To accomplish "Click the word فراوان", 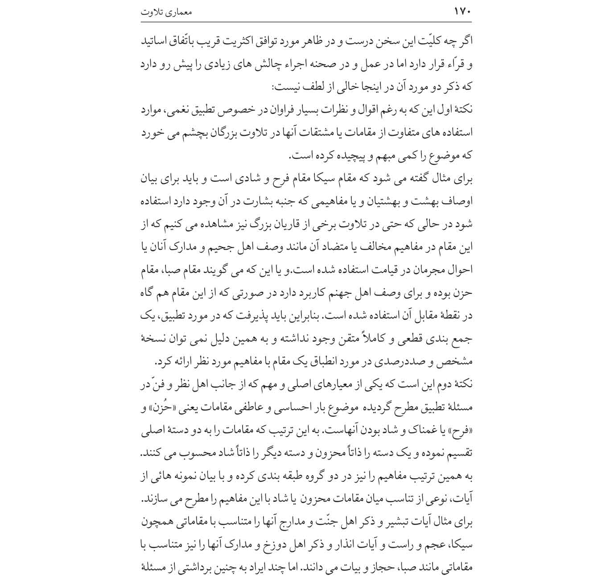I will [274, 110].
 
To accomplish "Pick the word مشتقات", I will [330, 133].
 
